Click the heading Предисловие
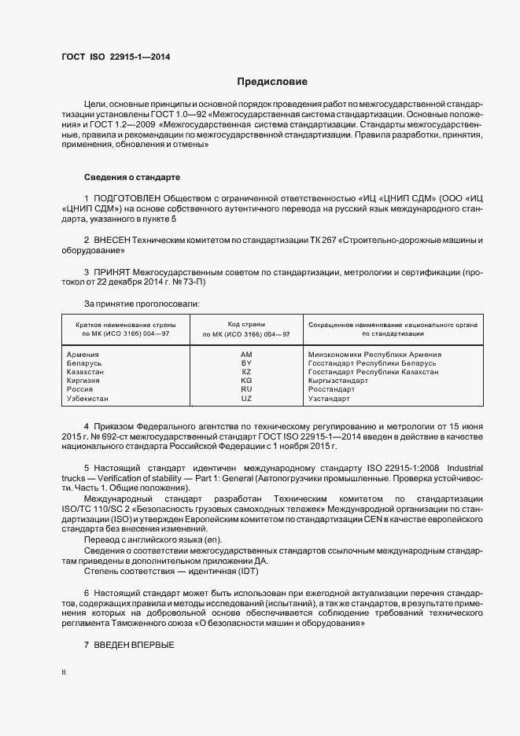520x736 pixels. coord(273,81)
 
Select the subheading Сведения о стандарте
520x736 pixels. coord(131,177)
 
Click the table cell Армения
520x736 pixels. coord(83,355)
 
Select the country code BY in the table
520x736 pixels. coord(246,363)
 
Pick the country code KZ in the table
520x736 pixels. coord(246,372)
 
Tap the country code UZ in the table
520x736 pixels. coord(246,398)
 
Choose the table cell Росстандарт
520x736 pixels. coord(332,389)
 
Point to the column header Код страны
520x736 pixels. coord(246,324)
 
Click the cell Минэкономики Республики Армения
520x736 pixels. coord(374,355)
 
